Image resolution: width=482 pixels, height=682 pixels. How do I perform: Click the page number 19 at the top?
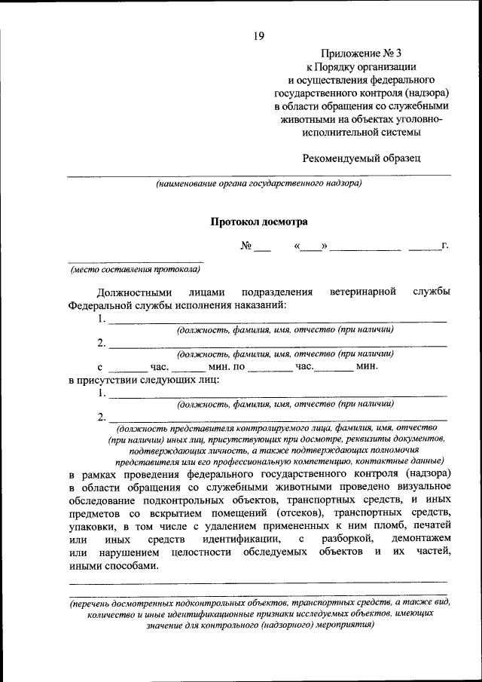pos(258,34)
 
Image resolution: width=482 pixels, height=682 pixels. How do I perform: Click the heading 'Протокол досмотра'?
pos(258,222)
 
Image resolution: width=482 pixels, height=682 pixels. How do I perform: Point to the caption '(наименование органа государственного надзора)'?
pos(258,183)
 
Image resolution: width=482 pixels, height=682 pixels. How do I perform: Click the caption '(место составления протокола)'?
pos(136,268)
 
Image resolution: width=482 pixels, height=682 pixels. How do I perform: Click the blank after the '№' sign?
pos(261,247)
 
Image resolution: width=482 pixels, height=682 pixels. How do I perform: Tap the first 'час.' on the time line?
pos(160,366)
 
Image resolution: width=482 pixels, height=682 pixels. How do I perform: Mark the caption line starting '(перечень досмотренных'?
pos(258,605)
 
